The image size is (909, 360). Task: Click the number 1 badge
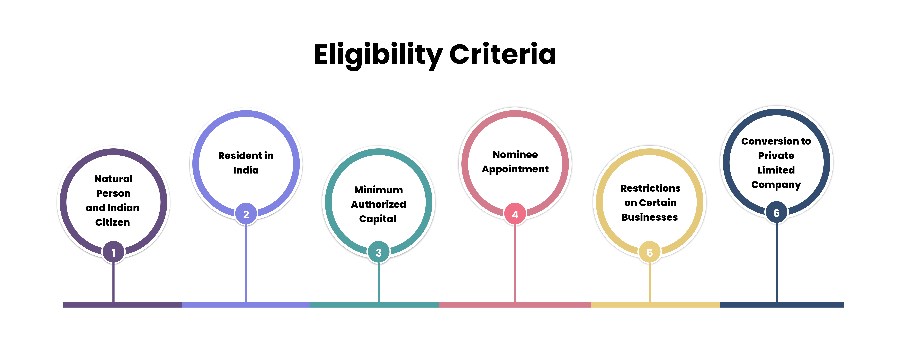(x=113, y=252)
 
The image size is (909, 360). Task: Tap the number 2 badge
(x=246, y=214)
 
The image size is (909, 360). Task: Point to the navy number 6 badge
(x=776, y=213)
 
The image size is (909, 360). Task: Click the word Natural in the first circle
(x=113, y=179)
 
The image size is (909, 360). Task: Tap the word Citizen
(x=113, y=222)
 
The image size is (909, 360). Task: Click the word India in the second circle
(x=246, y=170)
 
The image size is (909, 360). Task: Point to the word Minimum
(x=378, y=190)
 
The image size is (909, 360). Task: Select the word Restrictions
(x=650, y=188)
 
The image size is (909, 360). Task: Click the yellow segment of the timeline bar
(x=655, y=305)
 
